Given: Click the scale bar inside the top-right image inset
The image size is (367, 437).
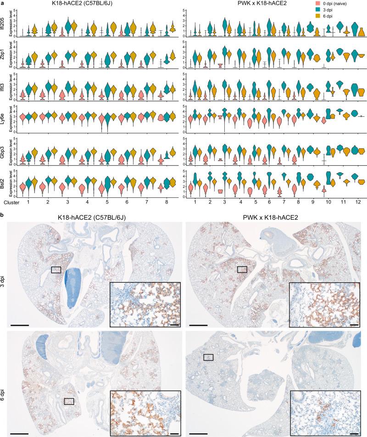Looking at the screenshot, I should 354,326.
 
